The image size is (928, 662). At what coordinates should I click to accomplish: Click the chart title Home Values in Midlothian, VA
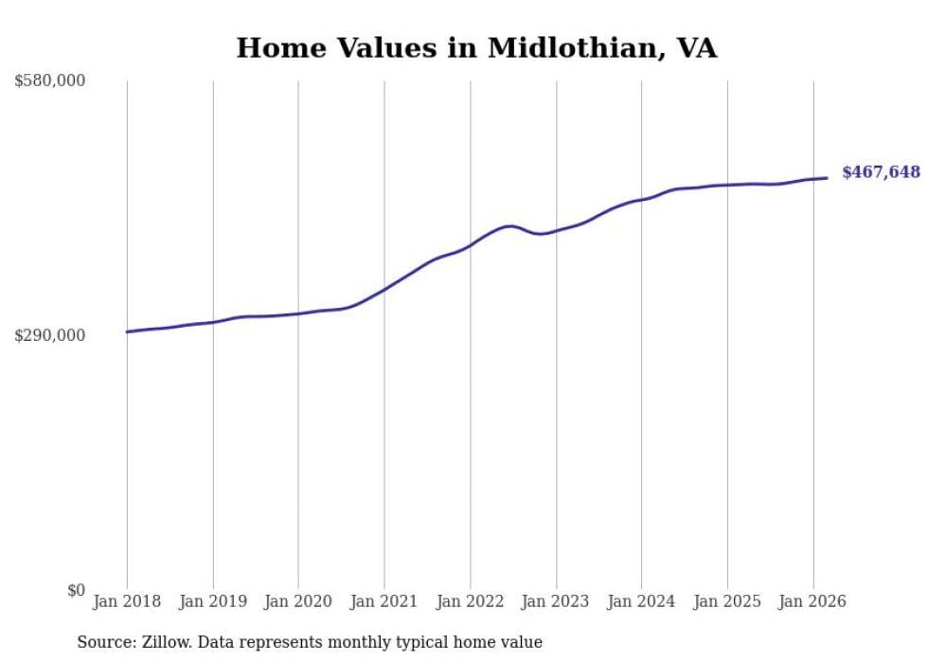476,48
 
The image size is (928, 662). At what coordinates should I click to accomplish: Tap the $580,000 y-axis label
50,81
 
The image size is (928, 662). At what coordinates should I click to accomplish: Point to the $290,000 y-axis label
50,335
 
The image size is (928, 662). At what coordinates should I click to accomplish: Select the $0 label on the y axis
76,590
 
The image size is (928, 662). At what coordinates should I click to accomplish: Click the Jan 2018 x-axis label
127,601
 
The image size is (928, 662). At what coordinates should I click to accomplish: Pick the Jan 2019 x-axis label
213,601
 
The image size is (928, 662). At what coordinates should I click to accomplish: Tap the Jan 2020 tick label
298,601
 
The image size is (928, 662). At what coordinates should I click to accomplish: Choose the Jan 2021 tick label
384,601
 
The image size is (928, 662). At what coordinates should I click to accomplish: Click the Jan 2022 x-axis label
471,601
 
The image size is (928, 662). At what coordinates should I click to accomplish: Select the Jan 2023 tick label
556,601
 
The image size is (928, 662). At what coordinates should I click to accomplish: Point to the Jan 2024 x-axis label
642,601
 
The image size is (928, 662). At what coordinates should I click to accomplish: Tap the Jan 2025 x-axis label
727,601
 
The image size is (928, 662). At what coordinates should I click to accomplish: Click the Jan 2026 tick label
813,601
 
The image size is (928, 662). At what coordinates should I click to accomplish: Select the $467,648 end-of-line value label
881,172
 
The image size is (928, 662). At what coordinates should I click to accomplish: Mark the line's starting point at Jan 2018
127,331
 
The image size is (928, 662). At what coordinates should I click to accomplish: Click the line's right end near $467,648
827,178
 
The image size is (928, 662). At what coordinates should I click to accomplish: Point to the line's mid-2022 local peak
510,226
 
